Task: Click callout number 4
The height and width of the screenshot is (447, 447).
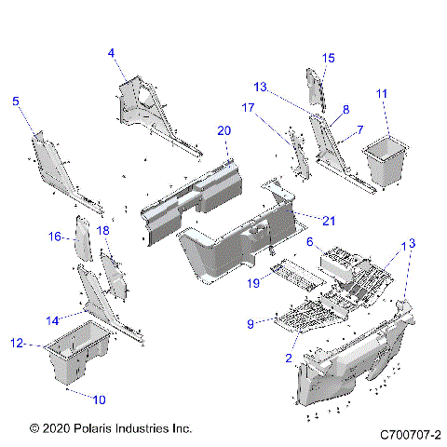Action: pos(111,54)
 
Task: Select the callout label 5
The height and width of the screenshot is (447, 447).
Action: pos(15,102)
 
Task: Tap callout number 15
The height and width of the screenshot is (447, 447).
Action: pos(328,59)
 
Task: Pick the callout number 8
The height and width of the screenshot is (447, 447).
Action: pos(345,109)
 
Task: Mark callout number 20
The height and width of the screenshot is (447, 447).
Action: pos(223,130)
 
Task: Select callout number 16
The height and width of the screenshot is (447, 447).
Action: pos(55,237)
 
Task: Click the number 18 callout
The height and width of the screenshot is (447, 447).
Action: pos(103,229)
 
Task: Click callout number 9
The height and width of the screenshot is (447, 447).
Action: pos(250,323)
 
